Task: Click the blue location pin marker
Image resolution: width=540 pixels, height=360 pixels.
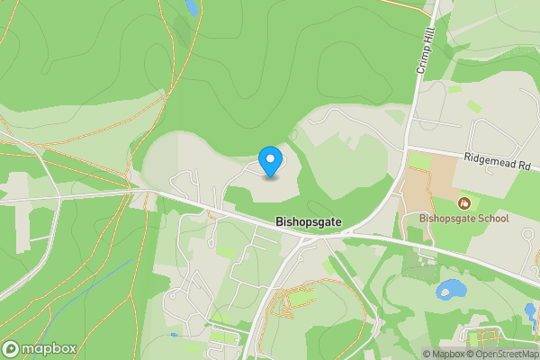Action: pyautogui.click(x=269, y=161)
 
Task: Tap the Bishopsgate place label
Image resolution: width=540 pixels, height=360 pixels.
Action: pyautogui.click(x=308, y=220)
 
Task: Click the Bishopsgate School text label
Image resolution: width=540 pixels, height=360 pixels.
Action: pyautogui.click(x=463, y=218)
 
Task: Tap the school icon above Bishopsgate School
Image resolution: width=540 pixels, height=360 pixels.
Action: pyautogui.click(x=463, y=203)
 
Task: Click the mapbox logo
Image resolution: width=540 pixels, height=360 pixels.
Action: pyautogui.click(x=39, y=348)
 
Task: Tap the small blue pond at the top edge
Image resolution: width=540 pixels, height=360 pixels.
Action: pyautogui.click(x=191, y=7)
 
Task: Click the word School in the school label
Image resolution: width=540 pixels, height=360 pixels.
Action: pyautogui.click(x=492, y=218)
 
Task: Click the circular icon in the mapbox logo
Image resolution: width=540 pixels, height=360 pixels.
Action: pyautogui.click(x=11, y=348)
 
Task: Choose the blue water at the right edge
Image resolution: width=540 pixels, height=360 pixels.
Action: pyautogui.click(x=531, y=313)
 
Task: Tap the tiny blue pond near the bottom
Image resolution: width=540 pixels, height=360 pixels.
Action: pyautogui.click(x=173, y=336)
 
